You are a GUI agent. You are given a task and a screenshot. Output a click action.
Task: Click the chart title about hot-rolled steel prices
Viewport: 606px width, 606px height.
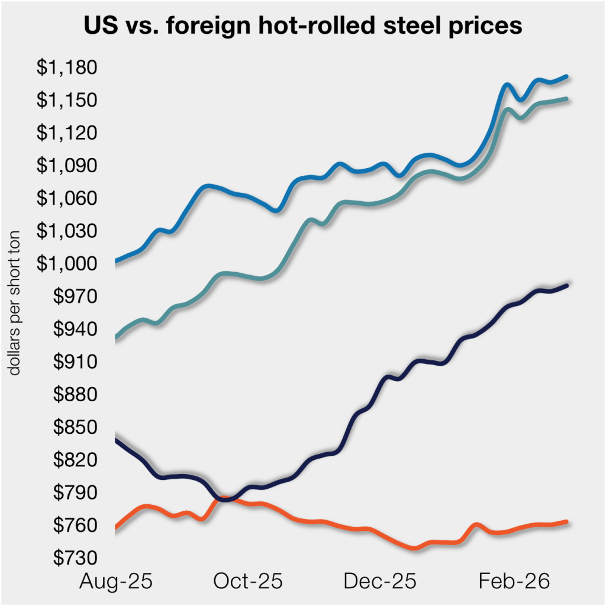click(303, 26)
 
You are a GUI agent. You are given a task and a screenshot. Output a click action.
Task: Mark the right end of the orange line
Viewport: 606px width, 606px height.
click(567, 521)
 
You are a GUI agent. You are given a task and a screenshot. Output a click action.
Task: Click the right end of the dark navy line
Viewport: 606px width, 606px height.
click(567, 285)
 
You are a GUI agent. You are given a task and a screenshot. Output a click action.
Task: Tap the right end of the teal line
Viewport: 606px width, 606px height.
click(567, 99)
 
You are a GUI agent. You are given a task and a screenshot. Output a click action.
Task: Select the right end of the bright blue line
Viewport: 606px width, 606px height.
click(567, 76)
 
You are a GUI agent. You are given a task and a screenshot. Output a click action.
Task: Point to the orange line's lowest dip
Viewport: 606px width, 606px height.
click(414, 548)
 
